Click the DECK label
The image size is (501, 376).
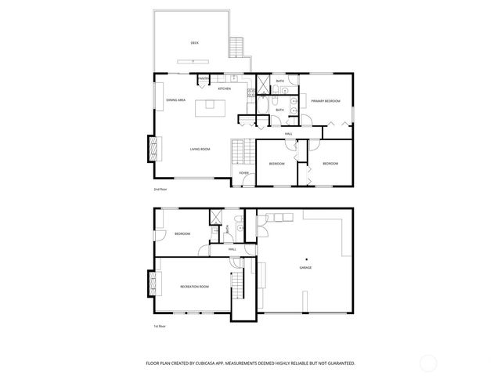pos(195,43)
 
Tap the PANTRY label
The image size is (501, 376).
pos(204,79)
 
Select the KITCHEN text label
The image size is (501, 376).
pos(225,89)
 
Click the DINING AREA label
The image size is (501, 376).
pos(175,100)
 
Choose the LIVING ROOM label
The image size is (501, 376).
pos(200,149)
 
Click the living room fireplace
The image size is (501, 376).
pos(153,146)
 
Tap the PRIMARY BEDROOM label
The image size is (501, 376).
pos(325,101)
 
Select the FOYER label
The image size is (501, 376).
pos(244,172)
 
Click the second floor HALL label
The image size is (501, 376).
pos(289,135)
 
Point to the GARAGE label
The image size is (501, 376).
pos(305,268)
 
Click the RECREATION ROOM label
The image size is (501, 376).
pos(194,287)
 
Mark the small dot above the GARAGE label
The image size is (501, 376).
pos(306,258)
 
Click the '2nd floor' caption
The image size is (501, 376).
pos(160,190)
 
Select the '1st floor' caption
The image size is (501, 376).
pos(160,326)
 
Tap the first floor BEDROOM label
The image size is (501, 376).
pos(183,233)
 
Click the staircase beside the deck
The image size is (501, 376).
pos(236,46)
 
